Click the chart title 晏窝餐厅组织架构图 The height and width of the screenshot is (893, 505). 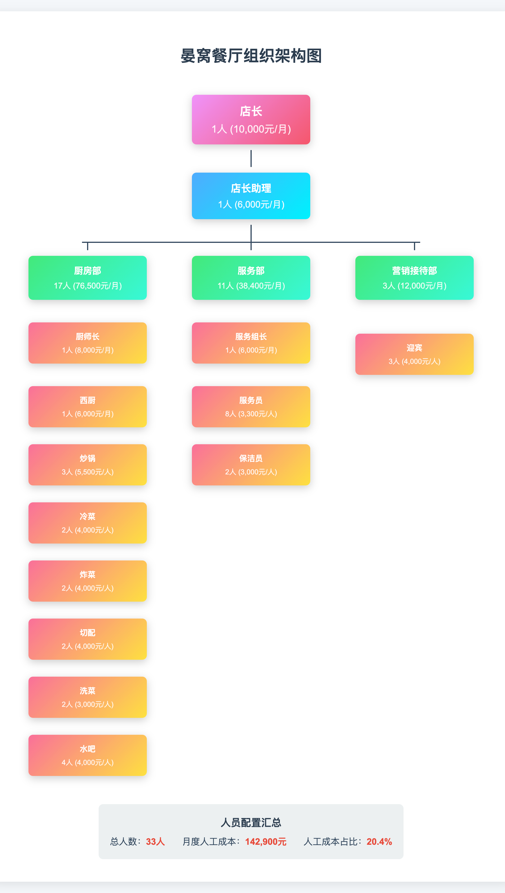click(251, 56)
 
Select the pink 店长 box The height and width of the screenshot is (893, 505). click(251, 119)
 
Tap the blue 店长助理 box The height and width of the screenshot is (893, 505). click(251, 196)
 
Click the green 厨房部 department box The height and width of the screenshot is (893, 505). click(87, 278)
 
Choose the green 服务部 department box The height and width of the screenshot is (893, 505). click(251, 278)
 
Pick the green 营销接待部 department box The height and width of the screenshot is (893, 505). click(414, 278)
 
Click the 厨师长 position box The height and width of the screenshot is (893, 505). click(87, 343)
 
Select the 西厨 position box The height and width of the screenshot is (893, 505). click(87, 406)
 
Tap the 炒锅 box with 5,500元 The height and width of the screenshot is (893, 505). click(87, 465)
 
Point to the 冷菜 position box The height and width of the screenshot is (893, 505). click(87, 523)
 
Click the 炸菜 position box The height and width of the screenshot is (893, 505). click(87, 581)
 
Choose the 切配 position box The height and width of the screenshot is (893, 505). click(87, 639)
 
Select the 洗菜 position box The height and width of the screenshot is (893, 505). click(87, 697)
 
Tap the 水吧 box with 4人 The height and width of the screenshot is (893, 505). click(87, 755)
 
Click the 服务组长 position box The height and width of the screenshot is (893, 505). click(251, 343)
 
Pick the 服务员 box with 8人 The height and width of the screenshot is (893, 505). click(251, 406)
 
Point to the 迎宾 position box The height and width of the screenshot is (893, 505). click(414, 354)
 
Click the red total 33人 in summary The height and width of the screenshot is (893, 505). click(155, 842)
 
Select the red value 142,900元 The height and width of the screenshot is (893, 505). click(266, 842)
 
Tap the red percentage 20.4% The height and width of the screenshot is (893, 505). click(379, 842)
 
